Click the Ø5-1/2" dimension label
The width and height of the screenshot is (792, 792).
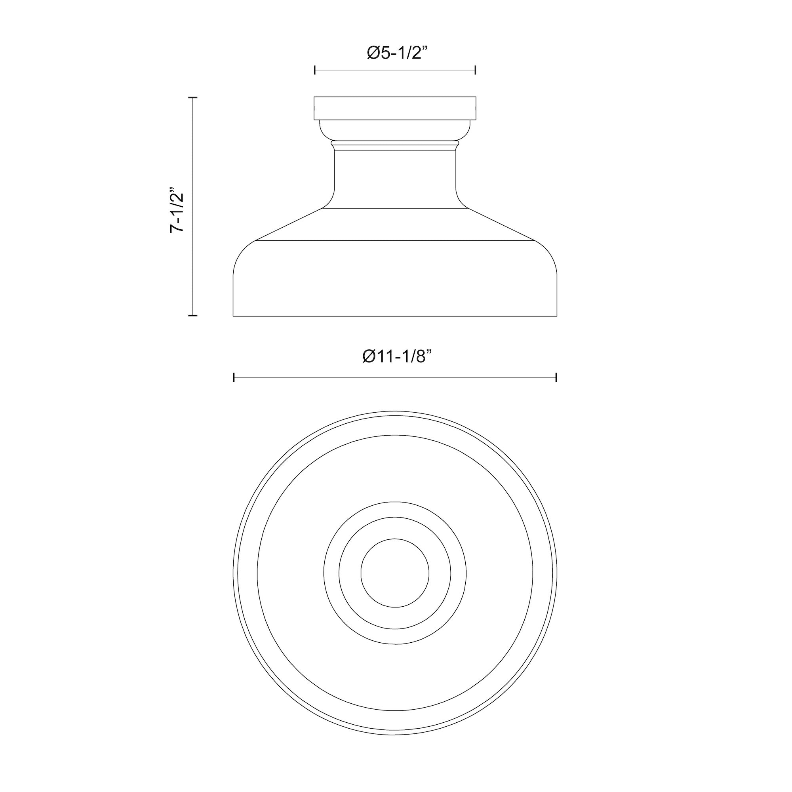tap(397, 53)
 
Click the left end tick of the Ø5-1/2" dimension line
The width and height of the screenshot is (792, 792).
tap(315, 70)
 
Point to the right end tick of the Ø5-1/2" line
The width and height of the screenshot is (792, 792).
tap(475, 70)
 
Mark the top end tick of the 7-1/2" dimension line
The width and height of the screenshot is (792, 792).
tap(193, 98)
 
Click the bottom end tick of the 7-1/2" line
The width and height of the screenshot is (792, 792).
tap(193, 316)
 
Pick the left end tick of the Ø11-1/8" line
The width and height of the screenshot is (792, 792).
tap(234, 377)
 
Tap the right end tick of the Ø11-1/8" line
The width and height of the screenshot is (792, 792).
tap(556, 377)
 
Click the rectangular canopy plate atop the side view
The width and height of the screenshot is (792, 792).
tap(395, 108)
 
